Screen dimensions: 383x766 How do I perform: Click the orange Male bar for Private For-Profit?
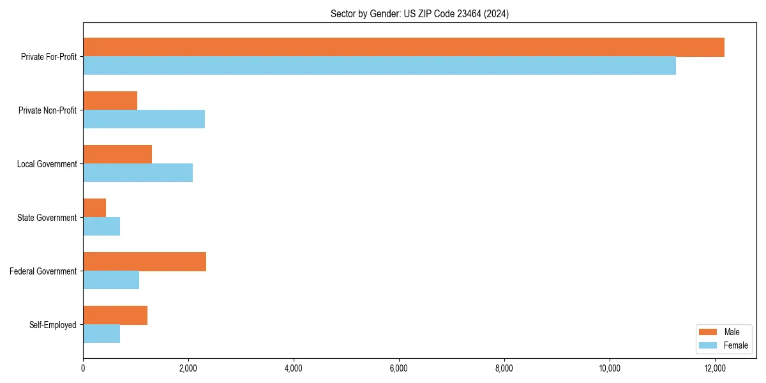pos(403,47)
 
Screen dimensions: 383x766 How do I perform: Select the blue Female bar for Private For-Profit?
pos(379,66)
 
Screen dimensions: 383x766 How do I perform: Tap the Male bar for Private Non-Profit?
pos(110,101)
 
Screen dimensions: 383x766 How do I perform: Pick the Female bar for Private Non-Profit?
pos(144,119)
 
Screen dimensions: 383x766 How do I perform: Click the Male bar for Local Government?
pos(117,154)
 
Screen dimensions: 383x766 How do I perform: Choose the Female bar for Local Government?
pos(138,173)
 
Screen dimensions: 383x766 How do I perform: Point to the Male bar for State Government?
pos(94,208)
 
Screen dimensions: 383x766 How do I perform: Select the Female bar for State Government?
pos(101,227)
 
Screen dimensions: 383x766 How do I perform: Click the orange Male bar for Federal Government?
pos(144,262)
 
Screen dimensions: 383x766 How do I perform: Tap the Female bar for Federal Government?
pos(111,280)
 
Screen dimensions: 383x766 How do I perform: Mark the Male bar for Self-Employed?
pos(115,315)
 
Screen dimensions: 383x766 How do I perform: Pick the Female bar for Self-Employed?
pos(101,334)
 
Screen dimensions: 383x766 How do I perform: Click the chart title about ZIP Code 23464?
pos(419,13)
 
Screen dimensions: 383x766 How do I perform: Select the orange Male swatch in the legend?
pos(709,332)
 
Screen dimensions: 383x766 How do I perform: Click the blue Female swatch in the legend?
pos(709,345)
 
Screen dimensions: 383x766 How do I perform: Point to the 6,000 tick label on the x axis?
pos(399,368)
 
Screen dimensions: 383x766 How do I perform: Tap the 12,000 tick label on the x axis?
pos(714,368)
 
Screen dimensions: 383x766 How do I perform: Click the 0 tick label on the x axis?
pos(83,368)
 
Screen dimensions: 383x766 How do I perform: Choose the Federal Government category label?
pos(43,271)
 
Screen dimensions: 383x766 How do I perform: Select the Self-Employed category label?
pos(53,325)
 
